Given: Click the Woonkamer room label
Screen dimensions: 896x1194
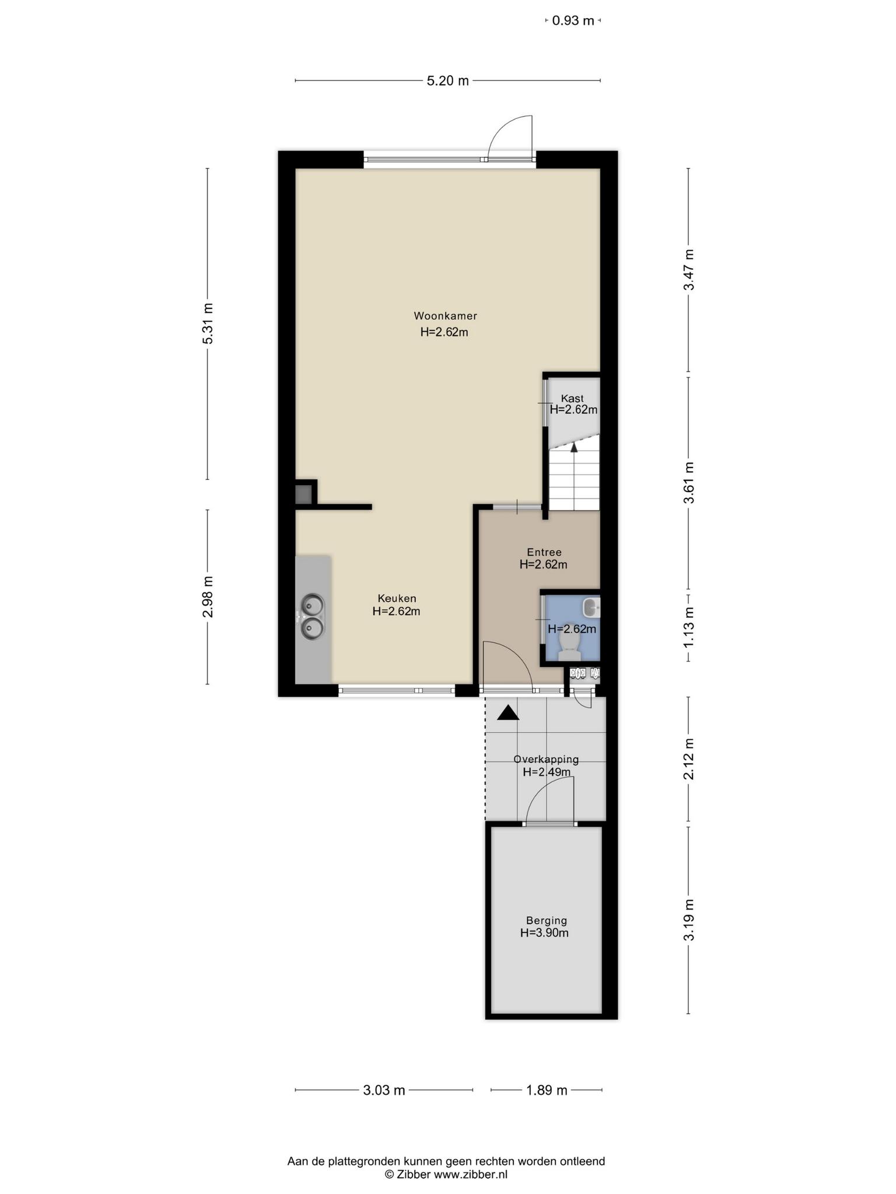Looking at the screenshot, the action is [x=446, y=316].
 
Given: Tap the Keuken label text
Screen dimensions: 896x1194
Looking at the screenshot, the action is [x=397, y=599].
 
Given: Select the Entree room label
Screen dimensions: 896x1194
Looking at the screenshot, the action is [x=544, y=552].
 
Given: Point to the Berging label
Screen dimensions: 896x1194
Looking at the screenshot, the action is [x=547, y=921].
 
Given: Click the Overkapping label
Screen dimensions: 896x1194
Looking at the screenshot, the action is [x=546, y=759].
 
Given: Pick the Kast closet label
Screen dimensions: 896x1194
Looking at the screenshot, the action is [x=572, y=399].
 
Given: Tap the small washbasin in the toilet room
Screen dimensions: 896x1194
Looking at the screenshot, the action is [x=591, y=607].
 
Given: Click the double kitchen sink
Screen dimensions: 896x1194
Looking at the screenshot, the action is [x=312, y=617].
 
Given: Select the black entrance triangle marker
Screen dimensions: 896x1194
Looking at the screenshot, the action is [x=508, y=712].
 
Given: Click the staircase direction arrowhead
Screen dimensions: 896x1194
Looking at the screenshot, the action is [x=574, y=447].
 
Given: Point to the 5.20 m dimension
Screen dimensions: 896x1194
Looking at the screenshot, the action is [x=448, y=81].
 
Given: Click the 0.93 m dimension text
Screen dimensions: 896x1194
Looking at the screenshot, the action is [x=573, y=21].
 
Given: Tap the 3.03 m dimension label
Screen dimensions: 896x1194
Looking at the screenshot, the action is [x=384, y=1090].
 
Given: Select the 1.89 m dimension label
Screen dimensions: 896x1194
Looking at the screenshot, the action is [x=547, y=1090].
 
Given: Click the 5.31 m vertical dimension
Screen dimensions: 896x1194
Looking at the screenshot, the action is [x=208, y=324].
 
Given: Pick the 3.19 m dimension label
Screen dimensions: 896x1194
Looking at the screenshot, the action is [x=689, y=919].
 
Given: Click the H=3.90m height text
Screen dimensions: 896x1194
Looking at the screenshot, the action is [x=545, y=933].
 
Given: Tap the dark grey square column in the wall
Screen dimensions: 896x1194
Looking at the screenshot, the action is [x=303, y=495].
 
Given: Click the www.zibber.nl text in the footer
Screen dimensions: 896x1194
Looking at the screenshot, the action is [x=470, y=1175].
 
